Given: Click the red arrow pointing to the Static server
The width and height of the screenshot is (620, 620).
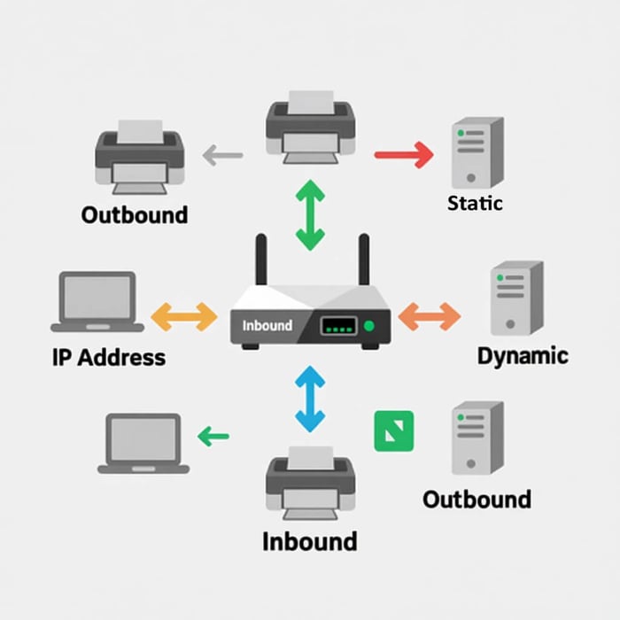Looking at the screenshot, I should click(404, 155).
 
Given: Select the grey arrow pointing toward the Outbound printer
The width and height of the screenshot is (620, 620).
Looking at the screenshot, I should click(222, 157).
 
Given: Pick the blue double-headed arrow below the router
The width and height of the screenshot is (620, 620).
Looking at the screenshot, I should click(309, 400).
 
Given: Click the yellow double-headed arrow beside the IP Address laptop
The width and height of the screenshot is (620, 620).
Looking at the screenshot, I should click(184, 316).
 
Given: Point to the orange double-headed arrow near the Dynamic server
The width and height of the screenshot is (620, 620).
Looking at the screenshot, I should click(430, 316).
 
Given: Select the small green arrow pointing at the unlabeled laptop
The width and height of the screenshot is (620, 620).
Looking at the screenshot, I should click(213, 436).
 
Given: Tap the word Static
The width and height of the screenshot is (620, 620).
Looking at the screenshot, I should click(475, 203).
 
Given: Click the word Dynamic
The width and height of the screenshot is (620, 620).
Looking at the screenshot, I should click(523, 356).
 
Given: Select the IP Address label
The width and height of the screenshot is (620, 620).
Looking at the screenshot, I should click(109, 358).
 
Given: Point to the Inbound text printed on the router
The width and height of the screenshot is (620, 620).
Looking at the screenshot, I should click(267, 325).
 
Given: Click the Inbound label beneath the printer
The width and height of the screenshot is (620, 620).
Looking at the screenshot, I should click(309, 540).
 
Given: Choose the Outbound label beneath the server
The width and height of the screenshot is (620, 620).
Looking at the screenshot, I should click(477, 499).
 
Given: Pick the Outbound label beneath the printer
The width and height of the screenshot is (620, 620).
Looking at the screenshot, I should click(135, 214).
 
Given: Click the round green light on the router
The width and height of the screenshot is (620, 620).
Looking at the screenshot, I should click(369, 327).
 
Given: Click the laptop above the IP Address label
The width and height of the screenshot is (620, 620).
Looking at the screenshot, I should click(98, 300).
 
